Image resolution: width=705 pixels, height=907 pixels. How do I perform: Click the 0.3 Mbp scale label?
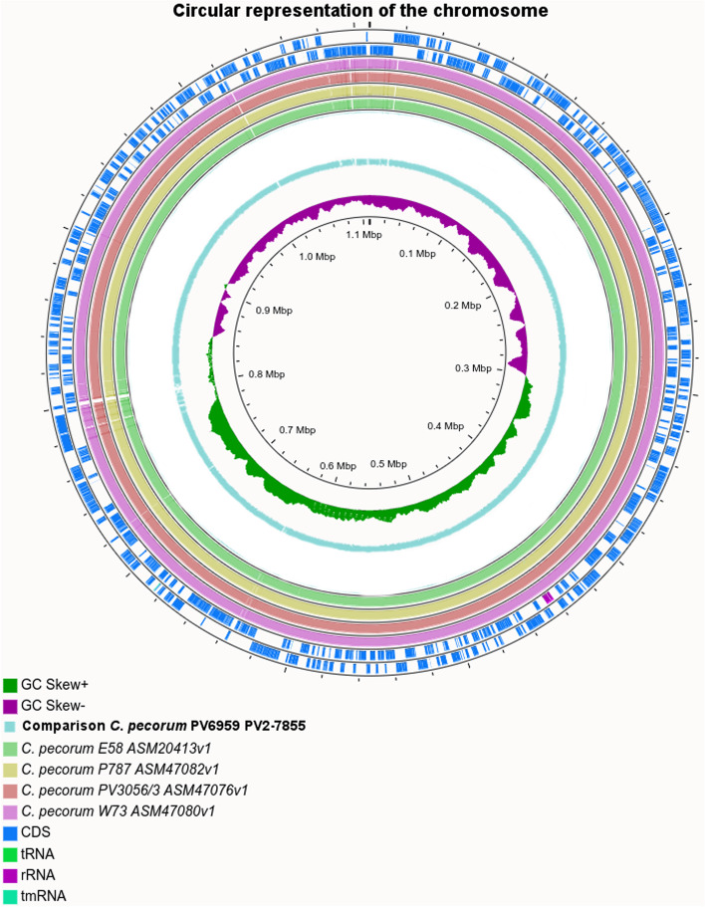(x=474, y=368)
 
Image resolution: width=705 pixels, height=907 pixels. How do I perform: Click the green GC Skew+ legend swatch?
(x=10, y=685)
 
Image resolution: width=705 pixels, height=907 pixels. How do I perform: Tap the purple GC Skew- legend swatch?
(x=10, y=706)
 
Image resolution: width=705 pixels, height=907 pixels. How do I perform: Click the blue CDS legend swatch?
(x=10, y=832)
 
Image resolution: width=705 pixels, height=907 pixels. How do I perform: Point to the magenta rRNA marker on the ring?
(x=549, y=597)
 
